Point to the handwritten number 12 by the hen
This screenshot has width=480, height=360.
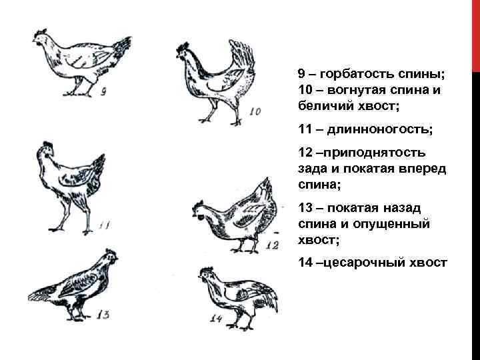[271, 245]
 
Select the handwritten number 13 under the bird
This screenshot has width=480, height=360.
[103, 314]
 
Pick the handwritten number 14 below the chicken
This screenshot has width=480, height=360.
[215, 319]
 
